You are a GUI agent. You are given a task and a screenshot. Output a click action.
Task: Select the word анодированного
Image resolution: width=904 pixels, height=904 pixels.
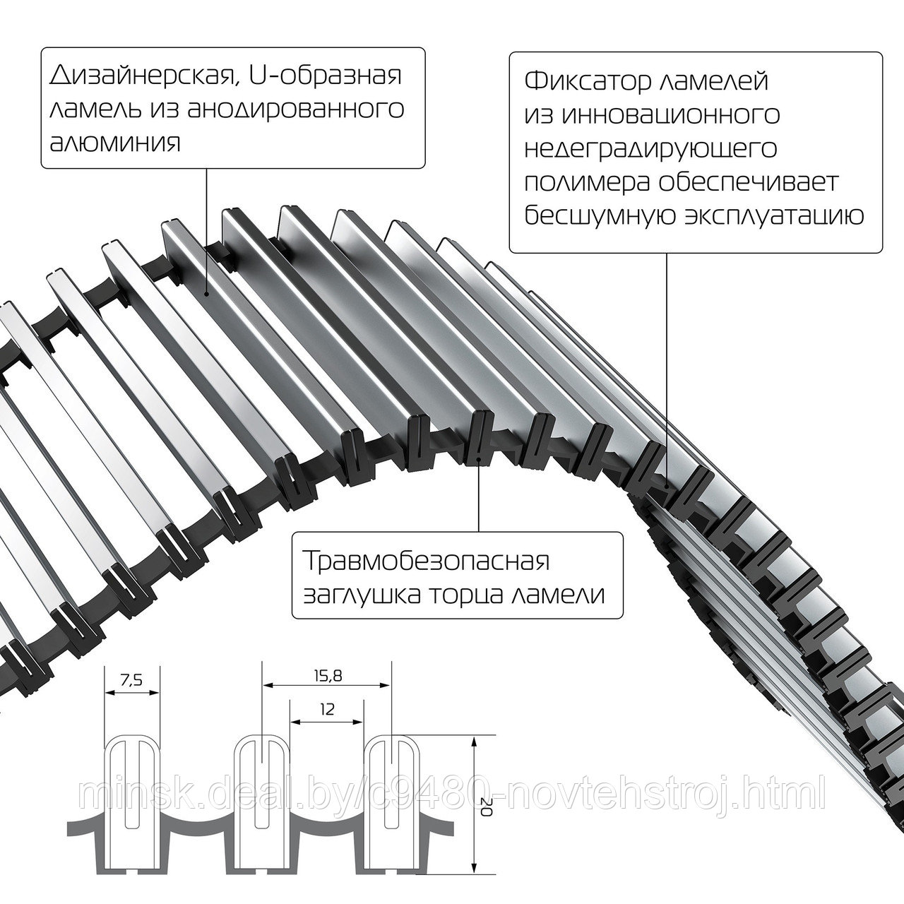point(295,110)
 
